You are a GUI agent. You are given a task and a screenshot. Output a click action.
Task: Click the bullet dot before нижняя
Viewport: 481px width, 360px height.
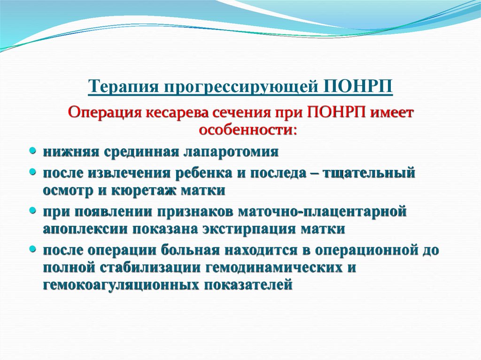pyautogui.click(x=32, y=151)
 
